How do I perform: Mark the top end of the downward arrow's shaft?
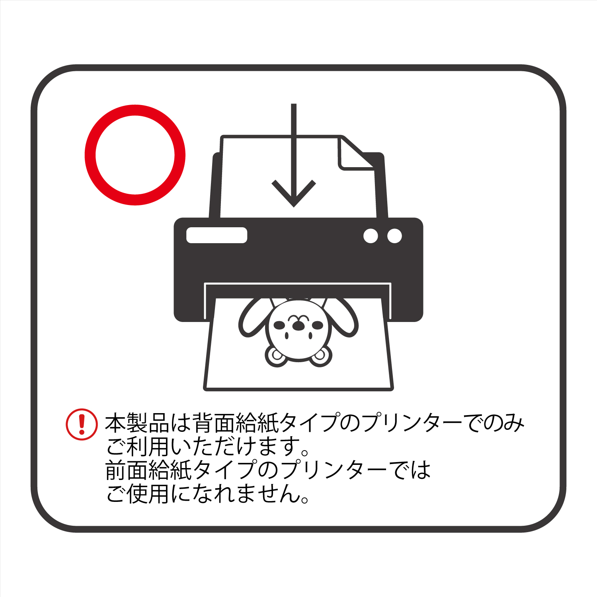[294, 104]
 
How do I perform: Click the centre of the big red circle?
[135, 155]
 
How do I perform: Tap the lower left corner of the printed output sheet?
[204, 389]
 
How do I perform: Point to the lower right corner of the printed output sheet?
[393, 389]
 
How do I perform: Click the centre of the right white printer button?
[394, 236]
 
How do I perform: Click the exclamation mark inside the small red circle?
[82, 425]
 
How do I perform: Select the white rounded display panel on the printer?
[217, 235]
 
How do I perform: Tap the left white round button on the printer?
[371, 236]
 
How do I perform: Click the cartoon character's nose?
[297, 326]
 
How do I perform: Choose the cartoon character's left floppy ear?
[253, 317]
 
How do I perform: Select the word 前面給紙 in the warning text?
[149, 470]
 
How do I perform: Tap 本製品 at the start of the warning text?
[137, 423]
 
